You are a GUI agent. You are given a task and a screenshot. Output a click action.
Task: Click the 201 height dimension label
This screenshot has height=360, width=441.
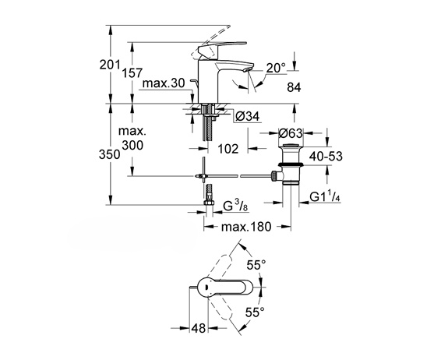pos(110,65)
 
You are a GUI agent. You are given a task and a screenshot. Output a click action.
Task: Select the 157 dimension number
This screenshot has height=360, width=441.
pos(132,72)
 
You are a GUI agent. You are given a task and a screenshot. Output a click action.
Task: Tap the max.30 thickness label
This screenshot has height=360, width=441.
pos(164,83)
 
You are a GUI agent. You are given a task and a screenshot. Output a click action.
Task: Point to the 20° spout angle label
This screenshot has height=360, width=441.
pos(276,68)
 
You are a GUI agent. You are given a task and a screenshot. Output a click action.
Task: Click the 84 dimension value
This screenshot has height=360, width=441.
pos(294,87)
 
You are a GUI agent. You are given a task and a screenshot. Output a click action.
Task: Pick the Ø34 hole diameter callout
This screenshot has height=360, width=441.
pos(248,116)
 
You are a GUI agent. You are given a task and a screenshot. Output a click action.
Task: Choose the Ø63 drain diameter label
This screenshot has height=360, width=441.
pos(291,133)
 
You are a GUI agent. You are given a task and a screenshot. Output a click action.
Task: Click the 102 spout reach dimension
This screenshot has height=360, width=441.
pos(228,149)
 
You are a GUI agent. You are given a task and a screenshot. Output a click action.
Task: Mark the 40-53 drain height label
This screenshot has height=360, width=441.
pos(326,156)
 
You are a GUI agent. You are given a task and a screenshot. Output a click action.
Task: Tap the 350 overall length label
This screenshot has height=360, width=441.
pos(110,154)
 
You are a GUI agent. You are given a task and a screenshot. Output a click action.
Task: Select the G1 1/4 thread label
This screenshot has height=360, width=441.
pos(325,197)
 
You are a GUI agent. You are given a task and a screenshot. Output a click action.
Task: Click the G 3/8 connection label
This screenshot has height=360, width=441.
pos(235,206)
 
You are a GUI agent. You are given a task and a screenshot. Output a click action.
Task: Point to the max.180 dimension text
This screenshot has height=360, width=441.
pos(246,227)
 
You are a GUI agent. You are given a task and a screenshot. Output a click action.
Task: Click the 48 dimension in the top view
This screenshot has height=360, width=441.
pos(199,328)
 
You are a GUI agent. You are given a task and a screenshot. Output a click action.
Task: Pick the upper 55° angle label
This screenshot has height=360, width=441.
pos(256,265)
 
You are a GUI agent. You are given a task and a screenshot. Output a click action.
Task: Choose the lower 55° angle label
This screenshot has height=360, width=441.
pos(255,312)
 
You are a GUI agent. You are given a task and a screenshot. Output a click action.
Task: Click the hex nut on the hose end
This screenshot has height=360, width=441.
pos(209,203)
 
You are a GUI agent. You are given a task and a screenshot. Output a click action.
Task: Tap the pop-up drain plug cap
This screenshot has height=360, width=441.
pos(291,146)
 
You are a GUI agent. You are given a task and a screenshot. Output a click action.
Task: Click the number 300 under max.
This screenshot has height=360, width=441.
pos(132,145)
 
